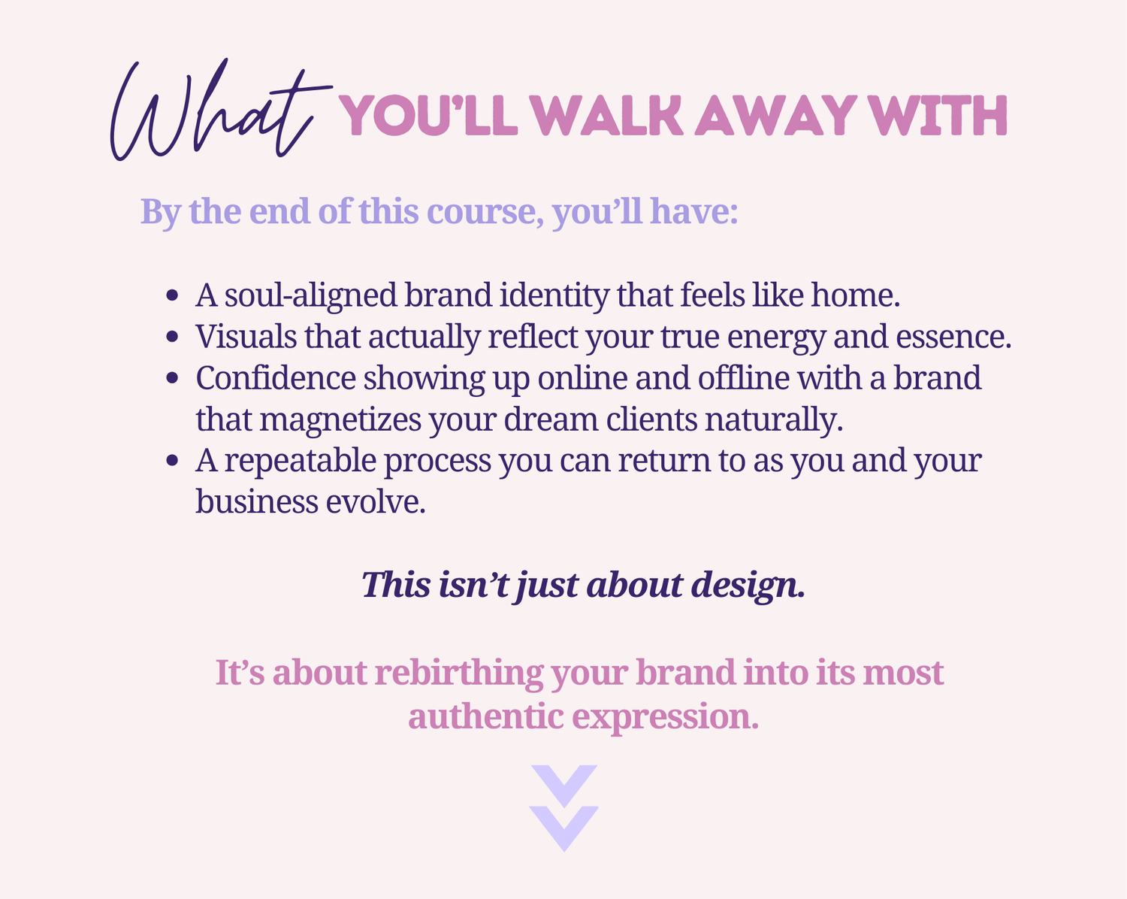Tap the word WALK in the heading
606,115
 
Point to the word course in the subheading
485,212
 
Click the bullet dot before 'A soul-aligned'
172,295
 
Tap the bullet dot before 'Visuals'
172,336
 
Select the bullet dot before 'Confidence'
172,378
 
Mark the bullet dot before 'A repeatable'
172,461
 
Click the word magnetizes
340,420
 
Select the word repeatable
301,462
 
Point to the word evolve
376,502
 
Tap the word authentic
485,716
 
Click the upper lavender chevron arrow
564,785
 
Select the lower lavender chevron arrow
564,827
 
